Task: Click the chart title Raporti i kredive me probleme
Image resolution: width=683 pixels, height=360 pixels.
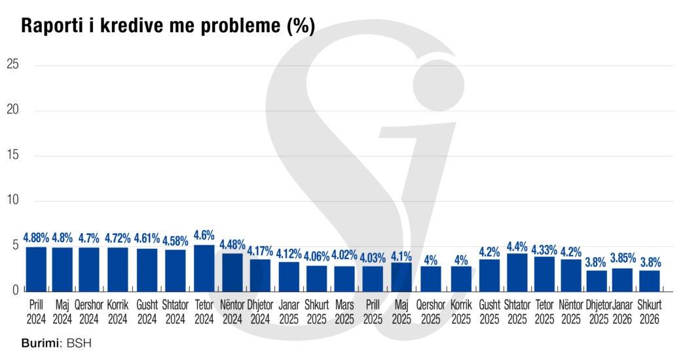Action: pyautogui.click(x=168, y=26)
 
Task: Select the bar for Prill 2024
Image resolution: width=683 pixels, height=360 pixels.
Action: pyautogui.click(x=36, y=268)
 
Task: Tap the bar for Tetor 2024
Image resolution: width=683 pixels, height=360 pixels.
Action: pyautogui.click(x=204, y=267)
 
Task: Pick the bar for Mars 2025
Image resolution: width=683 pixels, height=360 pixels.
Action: pyautogui.click(x=344, y=278)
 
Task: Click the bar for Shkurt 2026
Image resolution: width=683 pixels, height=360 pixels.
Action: pyautogui.click(x=650, y=279)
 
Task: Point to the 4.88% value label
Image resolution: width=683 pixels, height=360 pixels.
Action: pyautogui.click(x=36, y=238)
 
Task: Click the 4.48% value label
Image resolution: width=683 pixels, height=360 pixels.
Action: pyautogui.click(x=232, y=245)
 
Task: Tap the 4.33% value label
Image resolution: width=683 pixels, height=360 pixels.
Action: pyautogui.click(x=544, y=249)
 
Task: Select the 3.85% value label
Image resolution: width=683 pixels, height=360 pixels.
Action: pyautogui.click(x=623, y=259)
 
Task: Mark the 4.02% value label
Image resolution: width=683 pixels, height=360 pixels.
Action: pyautogui.click(x=344, y=256)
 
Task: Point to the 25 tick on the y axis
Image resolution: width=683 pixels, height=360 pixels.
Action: pyautogui.click(x=12, y=65)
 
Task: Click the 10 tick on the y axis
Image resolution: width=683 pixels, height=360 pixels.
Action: pyautogui.click(x=12, y=200)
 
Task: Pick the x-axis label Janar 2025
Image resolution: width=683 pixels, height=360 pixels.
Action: pyautogui.click(x=289, y=312)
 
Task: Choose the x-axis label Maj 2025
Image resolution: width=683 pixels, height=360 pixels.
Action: pyautogui.click(x=401, y=312)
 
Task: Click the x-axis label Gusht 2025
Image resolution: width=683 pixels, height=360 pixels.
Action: pyautogui.click(x=489, y=312)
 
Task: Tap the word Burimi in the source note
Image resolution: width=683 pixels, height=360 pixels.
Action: pyautogui.click(x=38, y=344)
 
